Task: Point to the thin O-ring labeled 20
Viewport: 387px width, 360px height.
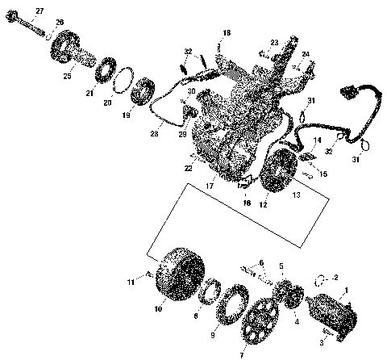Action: tap(123, 82)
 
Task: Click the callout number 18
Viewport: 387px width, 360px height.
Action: tap(227, 32)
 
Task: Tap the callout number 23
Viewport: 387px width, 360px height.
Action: tap(274, 42)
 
